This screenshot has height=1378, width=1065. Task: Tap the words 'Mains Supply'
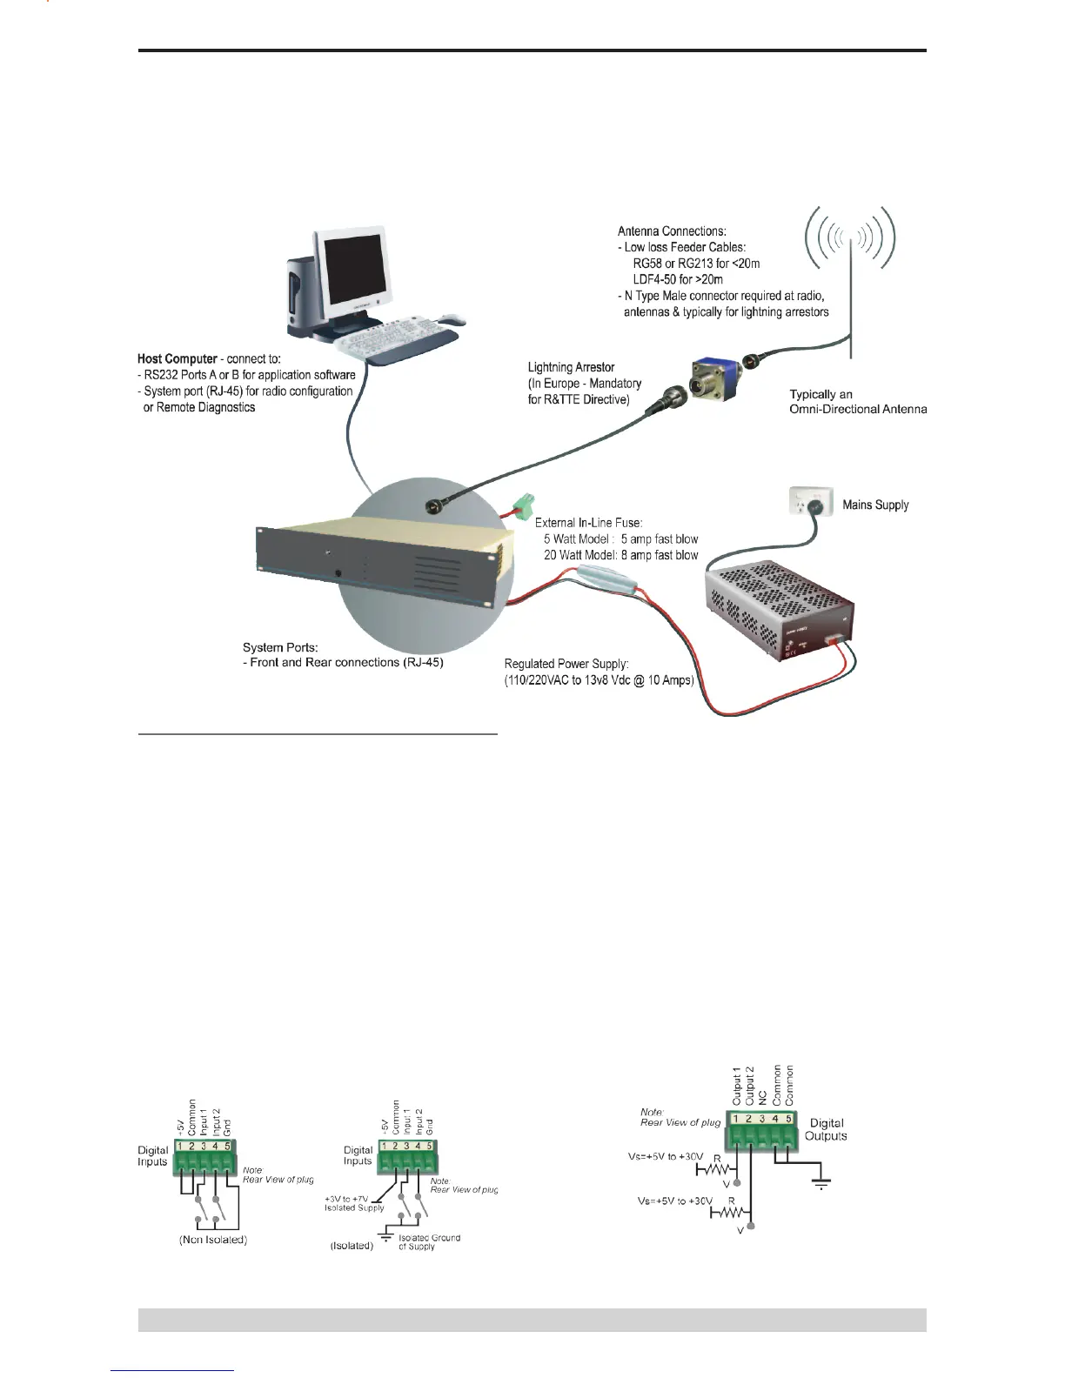[874, 505]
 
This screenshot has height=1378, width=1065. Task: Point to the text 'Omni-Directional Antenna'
[858, 409]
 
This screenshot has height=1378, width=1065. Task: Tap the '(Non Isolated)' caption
[212, 1240]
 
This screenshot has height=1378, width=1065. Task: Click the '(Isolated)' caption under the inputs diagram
[352, 1246]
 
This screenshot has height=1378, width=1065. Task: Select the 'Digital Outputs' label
[826, 1129]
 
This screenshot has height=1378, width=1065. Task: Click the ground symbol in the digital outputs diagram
[821, 1184]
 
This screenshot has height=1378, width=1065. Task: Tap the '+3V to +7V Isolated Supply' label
[355, 1203]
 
